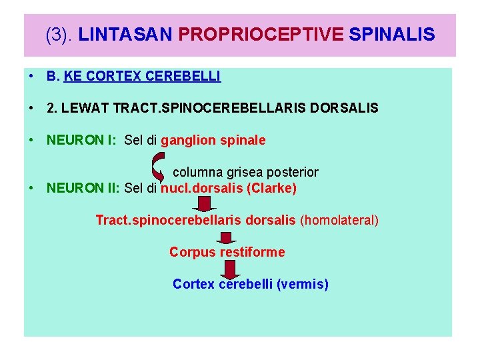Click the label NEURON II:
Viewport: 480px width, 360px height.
click(83, 188)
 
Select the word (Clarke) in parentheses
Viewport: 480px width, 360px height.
click(271, 188)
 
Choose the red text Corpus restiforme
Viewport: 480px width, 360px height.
click(227, 252)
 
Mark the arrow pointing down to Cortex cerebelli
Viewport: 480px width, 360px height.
click(229, 269)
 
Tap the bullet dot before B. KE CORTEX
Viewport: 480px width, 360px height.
click(32, 76)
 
